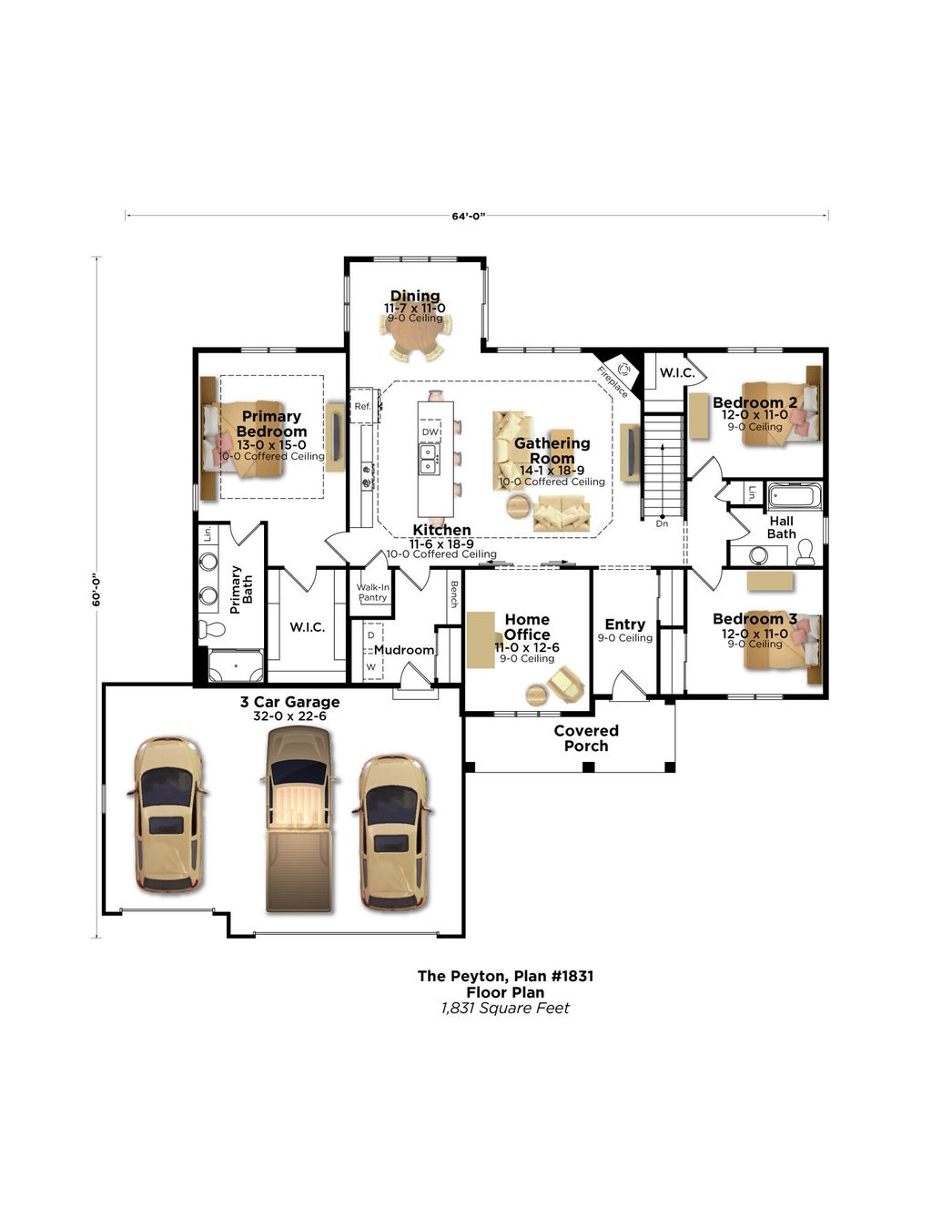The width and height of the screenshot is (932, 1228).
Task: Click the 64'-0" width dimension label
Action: point(468,216)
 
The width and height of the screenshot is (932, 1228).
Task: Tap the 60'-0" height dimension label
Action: point(96,589)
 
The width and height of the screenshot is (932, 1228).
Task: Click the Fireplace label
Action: point(613,381)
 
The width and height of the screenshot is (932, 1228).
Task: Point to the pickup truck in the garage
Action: point(299,819)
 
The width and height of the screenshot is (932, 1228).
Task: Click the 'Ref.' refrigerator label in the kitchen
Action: point(362,406)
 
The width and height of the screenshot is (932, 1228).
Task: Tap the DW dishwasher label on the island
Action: point(430,431)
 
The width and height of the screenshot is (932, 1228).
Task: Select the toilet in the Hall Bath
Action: point(805,552)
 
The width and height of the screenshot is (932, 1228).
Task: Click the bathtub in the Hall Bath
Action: point(795,496)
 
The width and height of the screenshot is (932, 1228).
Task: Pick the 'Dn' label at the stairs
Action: point(662,523)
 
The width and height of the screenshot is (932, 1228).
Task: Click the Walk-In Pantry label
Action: point(373,592)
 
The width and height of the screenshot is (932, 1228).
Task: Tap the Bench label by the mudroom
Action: point(454,594)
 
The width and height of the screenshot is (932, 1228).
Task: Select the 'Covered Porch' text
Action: point(586,738)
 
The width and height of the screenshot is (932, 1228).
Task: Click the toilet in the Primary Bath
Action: point(211,629)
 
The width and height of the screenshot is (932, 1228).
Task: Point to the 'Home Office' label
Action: point(527,626)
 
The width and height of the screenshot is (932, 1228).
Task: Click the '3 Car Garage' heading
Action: point(289,702)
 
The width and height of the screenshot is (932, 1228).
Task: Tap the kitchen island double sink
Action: point(430,459)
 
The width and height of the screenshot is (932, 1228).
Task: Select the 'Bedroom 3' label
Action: point(755,619)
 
